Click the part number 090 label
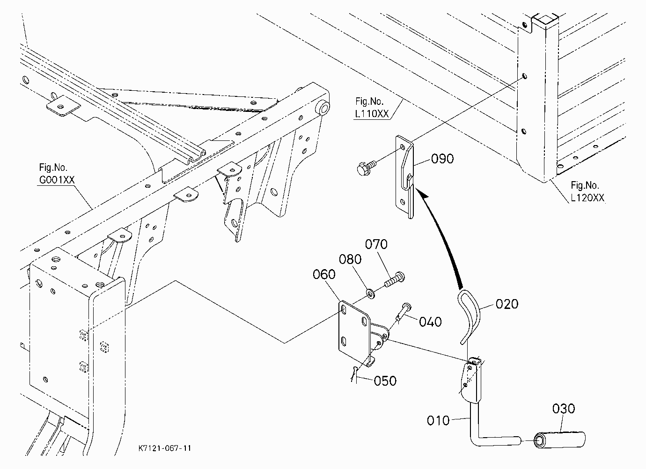442,159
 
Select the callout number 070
376,244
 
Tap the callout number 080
350,259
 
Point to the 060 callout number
324,274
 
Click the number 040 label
430,322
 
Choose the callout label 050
385,381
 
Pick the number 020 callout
507,304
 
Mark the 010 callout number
438,421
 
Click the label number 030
564,409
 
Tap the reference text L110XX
372,114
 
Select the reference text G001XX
57,180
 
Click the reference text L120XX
587,198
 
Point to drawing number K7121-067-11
165,448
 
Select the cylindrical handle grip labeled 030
559,440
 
